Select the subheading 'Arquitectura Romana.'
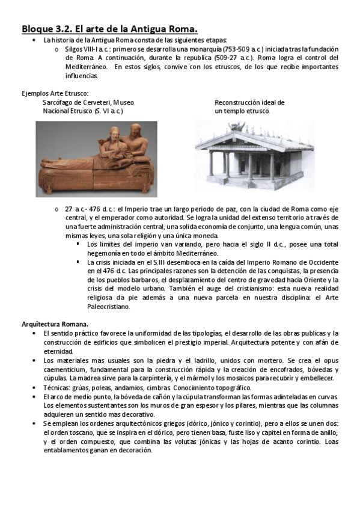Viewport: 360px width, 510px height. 55,324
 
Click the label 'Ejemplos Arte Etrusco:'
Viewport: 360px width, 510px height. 55,93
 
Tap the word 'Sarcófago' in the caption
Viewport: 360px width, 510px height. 58,102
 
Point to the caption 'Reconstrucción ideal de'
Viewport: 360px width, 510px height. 249,102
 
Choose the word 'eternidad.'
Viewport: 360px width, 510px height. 58,351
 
